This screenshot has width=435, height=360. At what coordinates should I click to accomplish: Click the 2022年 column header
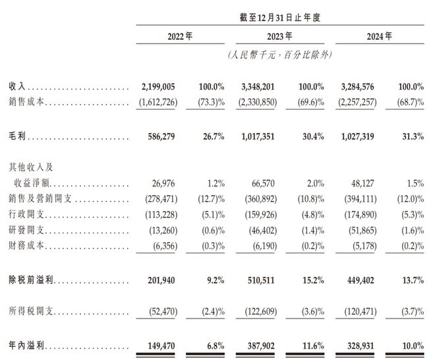pyautogui.click(x=180, y=36)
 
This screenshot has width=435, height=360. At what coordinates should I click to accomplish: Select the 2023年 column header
pyautogui.click(x=279, y=36)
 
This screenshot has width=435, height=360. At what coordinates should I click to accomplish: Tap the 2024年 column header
pyautogui.click(x=380, y=36)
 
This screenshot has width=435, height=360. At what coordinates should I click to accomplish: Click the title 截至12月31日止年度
pyautogui.click(x=280, y=18)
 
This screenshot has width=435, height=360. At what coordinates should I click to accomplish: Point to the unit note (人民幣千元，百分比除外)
pyautogui.click(x=280, y=55)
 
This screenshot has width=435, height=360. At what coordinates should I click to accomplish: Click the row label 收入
pyautogui.click(x=17, y=86)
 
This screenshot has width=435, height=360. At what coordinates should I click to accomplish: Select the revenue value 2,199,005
pyautogui.click(x=158, y=87)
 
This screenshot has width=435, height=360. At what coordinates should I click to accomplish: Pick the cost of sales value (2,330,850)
pyautogui.click(x=258, y=102)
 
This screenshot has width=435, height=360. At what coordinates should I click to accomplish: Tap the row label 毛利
pyautogui.click(x=17, y=136)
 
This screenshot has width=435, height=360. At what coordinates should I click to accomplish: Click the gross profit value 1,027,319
pyautogui.click(x=358, y=136)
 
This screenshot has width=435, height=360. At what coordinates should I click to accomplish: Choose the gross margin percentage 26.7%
pyautogui.click(x=214, y=136)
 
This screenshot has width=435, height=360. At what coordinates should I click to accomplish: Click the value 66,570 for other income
pyautogui.click(x=263, y=183)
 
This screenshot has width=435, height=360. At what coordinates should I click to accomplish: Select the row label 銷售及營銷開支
pyautogui.click(x=40, y=198)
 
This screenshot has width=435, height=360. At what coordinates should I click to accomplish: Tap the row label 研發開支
pyautogui.click(x=26, y=230)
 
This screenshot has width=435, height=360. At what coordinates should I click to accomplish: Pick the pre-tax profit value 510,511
pyautogui.click(x=261, y=280)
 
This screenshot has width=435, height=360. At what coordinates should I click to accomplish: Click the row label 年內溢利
pyautogui.click(x=26, y=345)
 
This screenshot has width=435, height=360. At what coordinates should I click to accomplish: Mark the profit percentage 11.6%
pyautogui.click(x=313, y=346)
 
